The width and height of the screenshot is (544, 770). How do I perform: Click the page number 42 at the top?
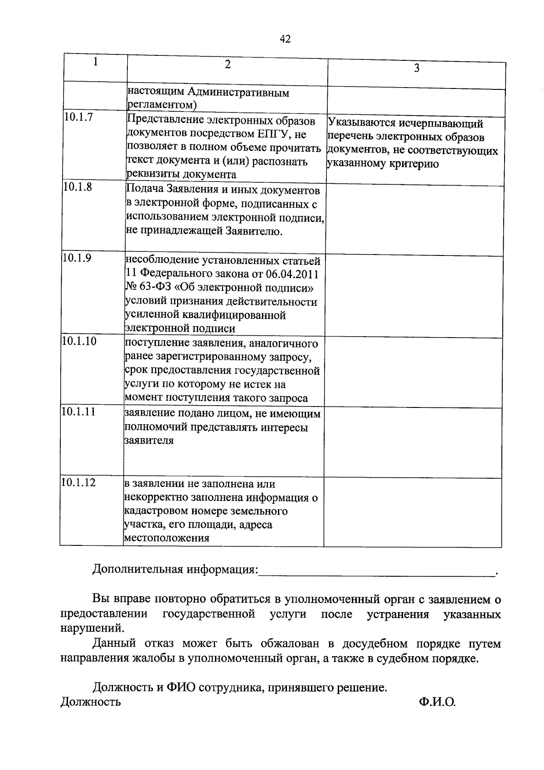point(285,39)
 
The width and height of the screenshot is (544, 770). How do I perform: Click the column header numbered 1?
point(96,62)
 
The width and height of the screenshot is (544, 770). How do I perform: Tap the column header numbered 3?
point(417,68)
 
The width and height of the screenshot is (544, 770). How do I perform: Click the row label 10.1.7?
point(78,117)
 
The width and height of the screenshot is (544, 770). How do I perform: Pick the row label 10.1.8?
point(78,187)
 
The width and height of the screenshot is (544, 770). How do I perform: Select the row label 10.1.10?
point(79,341)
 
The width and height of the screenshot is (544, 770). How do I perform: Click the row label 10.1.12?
point(78,482)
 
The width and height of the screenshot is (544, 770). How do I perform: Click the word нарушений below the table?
point(91,628)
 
